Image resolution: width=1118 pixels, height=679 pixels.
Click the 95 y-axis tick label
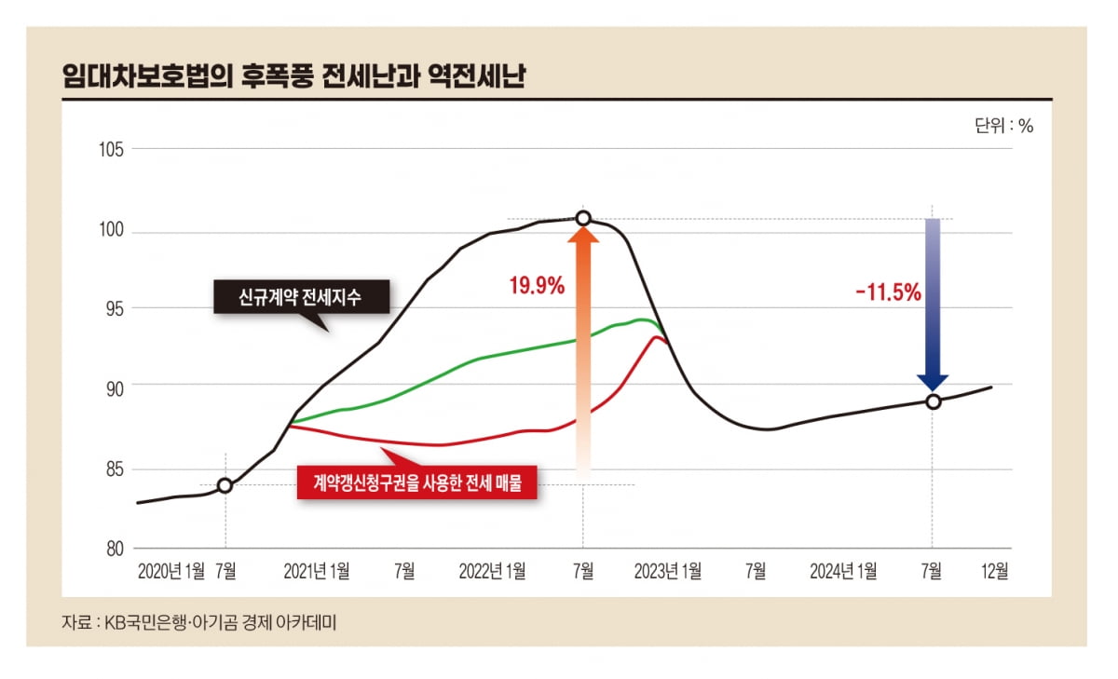(x=114, y=308)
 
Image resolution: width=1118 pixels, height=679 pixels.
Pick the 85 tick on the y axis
(x=114, y=469)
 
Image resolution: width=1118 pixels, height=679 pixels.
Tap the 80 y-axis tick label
(x=114, y=549)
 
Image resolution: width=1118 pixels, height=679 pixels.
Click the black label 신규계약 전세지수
(x=302, y=297)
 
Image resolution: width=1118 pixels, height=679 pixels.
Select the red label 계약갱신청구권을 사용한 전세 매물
(x=416, y=482)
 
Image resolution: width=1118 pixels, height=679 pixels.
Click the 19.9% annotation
(x=536, y=286)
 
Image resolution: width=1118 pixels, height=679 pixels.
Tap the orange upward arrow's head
(x=583, y=236)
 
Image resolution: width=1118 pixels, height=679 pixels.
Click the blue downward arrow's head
(x=933, y=381)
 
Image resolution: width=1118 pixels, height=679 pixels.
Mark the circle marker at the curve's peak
(x=583, y=219)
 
